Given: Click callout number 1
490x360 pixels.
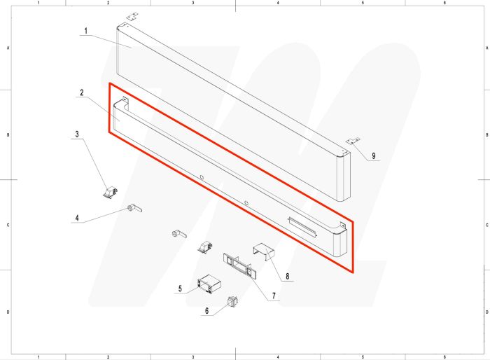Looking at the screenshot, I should (85, 31).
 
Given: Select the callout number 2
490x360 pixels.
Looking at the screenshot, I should (82, 92).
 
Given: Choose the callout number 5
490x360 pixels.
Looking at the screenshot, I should (180, 288).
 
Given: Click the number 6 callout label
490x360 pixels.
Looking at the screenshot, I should (206, 310).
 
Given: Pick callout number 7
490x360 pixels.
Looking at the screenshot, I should (274, 297).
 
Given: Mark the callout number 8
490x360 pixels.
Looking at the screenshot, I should (287, 277).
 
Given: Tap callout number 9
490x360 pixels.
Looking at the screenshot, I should (374, 155).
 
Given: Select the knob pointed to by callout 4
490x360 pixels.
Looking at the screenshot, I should (134, 208).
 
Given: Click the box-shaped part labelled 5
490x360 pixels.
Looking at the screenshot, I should (209, 284).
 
